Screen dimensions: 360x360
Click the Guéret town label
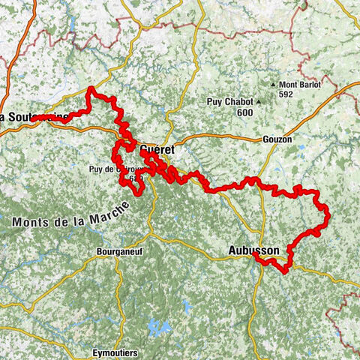[x=157, y=149]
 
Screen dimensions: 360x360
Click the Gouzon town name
[x=277, y=139]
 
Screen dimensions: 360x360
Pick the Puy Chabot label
[x=230, y=101]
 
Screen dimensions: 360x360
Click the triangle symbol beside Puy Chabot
[x=258, y=101]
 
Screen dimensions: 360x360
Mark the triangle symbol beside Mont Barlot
[x=275, y=85]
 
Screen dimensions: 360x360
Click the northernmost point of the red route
[x=91, y=89]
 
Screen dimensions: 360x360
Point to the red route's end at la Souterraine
[x=34, y=118]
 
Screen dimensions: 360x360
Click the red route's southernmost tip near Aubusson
[x=285, y=271]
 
